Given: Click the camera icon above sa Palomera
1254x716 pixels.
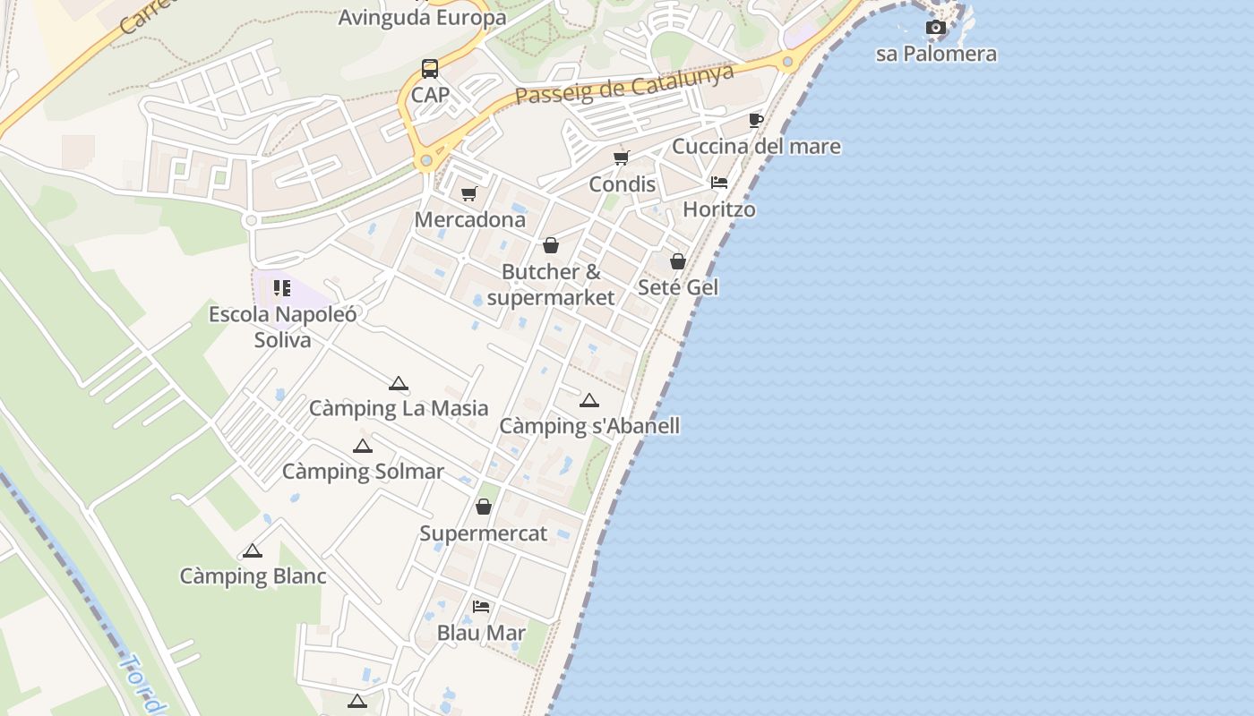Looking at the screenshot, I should tap(936, 28).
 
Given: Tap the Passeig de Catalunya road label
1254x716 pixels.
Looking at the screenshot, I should tap(624, 83).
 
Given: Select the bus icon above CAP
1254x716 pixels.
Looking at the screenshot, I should tap(430, 69).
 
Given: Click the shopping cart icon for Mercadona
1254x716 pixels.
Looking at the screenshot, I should tap(469, 193).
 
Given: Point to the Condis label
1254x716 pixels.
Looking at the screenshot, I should tap(622, 184).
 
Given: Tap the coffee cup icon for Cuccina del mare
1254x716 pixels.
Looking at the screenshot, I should tap(756, 120).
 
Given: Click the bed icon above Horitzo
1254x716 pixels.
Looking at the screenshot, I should tap(719, 183).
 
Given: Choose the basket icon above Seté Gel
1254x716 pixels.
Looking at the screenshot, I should tap(678, 261).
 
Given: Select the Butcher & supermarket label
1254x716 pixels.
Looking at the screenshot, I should tap(551, 285).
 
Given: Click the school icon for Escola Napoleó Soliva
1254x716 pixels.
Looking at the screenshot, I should tap(282, 288).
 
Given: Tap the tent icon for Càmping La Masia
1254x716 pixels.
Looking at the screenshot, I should tap(399, 384).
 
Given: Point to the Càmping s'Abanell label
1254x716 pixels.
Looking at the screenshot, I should tap(588, 426).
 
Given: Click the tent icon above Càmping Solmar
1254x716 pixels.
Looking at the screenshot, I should tap(363, 447).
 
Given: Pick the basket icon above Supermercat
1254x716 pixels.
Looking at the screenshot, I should tap(484, 507).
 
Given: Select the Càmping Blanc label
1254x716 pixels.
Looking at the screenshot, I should tap(253, 576).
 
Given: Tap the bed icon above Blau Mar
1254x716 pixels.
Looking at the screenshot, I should tap(481, 607).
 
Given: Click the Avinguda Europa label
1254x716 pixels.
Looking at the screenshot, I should tap(422, 17).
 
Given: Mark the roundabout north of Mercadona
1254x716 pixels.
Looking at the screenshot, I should tap(426, 161).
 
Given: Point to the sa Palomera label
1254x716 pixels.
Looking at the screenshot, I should tap(936, 54).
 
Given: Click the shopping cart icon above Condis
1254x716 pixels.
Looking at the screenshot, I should tap(622, 158).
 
